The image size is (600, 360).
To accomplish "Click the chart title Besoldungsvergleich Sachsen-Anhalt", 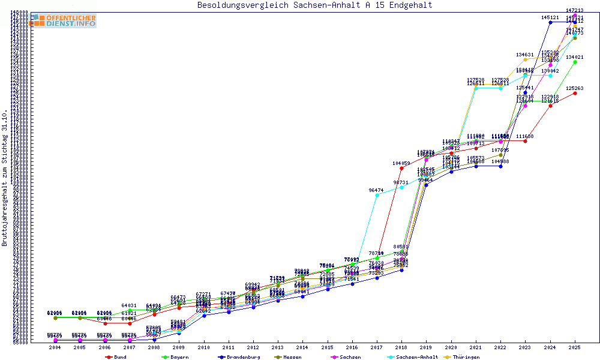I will click(314, 5).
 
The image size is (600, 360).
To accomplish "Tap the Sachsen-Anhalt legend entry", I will click(417, 357).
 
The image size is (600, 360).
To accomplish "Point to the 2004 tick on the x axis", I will click(55, 347).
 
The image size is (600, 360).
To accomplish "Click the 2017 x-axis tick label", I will click(376, 347).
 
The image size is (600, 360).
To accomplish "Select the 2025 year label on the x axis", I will click(575, 347).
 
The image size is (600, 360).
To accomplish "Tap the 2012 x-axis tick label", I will click(253, 347).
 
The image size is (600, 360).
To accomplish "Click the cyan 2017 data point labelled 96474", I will click(377, 195).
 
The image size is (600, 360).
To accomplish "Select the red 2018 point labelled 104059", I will click(401, 168).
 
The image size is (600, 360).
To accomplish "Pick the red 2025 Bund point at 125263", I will click(575, 93).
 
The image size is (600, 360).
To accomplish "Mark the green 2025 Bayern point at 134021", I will click(575, 62).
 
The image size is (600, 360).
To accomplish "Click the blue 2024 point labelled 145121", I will click(550, 22).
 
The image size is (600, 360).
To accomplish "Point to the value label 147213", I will click(575, 10).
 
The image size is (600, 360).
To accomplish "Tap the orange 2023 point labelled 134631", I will click(526, 59).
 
